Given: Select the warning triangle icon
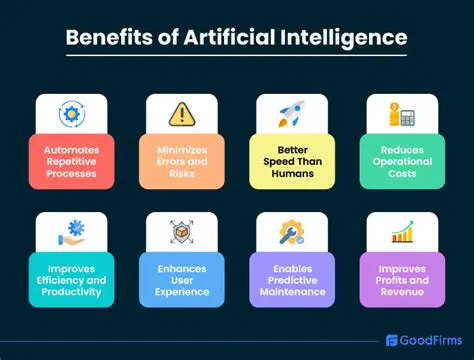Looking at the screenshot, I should [181, 114].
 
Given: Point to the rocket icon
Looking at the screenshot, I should [290, 113].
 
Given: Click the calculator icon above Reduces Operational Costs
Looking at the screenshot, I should [402, 113].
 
